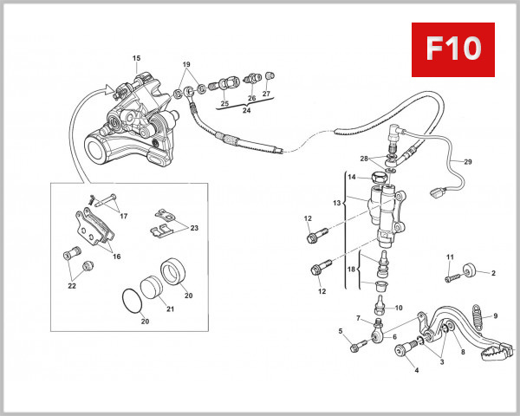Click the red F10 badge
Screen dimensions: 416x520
pyautogui.click(x=452, y=49)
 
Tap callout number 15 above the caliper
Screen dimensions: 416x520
pyautogui.click(x=135, y=59)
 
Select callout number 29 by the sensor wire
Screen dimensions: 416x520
pyautogui.click(x=468, y=162)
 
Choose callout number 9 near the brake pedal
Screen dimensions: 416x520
pyautogui.click(x=497, y=315)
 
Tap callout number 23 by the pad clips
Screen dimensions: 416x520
pyautogui.click(x=194, y=228)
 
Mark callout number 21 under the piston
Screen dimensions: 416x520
pyautogui.click(x=170, y=309)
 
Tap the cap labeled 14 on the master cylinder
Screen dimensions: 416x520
pyautogui.click(x=379, y=180)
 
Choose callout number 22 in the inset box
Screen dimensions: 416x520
pyautogui.click(x=71, y=284)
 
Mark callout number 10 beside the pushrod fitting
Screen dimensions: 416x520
pyautogui.click(x=399, y=308)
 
